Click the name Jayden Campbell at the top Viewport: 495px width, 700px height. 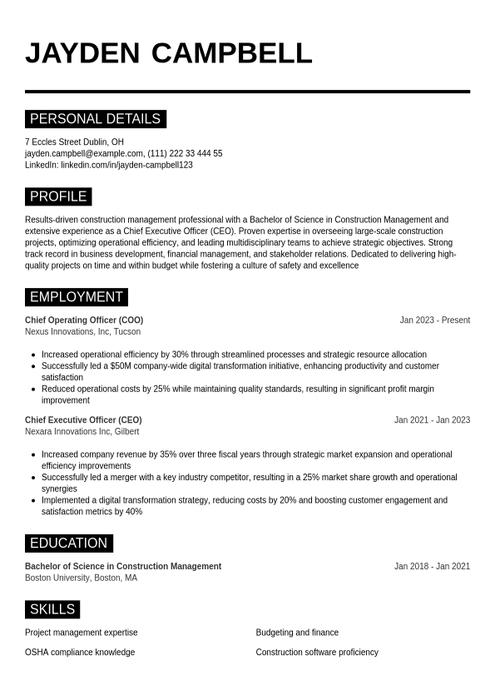[168, 52]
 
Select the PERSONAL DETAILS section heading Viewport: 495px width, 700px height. [95, 119]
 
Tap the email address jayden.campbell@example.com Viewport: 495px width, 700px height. [84, 154]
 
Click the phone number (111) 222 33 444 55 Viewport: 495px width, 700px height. [185, 154]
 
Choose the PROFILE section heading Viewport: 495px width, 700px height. [58, 196]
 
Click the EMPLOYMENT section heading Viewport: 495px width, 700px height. [77, 297]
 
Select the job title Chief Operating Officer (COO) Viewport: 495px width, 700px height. [84, 320]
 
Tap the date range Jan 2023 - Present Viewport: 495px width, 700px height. [434, 320]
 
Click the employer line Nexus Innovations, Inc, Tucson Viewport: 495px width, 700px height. [82, 332]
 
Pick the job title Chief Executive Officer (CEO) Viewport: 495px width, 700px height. [83, 420]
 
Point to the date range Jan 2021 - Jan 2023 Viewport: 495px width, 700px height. [432, 420]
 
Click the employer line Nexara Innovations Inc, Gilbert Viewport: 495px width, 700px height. [82, 432]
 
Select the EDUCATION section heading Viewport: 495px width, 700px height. [68, 544]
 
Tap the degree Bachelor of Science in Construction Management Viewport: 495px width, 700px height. [123, 567]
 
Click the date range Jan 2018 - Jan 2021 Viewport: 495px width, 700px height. [432, 567]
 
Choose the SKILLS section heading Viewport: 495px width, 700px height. [52, 609]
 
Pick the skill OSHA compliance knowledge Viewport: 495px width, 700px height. [80, 653]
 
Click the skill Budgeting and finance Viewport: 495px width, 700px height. [297, 633]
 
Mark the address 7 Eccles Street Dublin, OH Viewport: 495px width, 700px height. [74, 142]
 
